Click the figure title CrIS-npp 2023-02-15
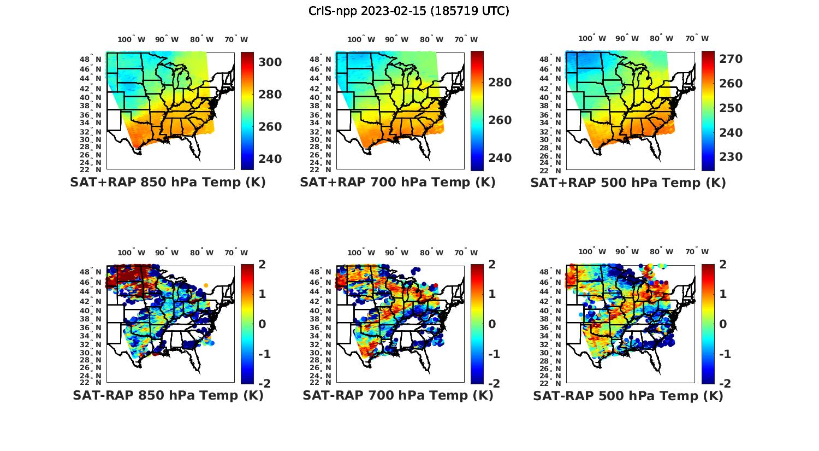[x=409, y=11]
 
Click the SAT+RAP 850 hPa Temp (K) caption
[x=168, y=182]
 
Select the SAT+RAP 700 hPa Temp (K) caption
[x=397, y=182]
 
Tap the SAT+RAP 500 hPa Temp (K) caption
[x=628, y=183]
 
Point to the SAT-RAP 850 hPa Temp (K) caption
[x=168, y=395]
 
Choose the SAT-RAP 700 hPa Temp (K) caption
[x=397, y=395]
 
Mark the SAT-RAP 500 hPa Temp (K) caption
[x=628, y=396]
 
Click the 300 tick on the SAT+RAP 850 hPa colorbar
[x=270, y=62]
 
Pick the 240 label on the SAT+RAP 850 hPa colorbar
[x=270, y=159]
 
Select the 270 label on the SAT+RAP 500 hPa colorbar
[x=731, y=59]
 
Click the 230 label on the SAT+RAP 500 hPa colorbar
[x=731, y=157]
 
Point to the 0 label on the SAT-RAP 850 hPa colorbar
[x=262, y=324]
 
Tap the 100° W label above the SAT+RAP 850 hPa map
[x=132, y=39]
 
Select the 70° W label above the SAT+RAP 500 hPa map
[x=697, y=38]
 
